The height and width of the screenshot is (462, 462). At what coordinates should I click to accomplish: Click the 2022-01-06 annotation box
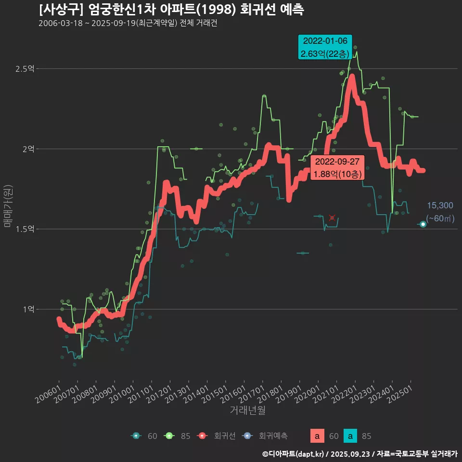(325, 47)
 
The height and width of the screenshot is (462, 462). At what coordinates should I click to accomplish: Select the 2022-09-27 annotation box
(337, 168)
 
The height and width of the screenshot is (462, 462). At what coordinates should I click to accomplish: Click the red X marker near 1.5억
(332, 218)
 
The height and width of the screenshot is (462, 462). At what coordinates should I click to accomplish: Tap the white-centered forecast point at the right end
(423, 224)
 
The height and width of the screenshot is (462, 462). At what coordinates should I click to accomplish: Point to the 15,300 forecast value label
(440, 206)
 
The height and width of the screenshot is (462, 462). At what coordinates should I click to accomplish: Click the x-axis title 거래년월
(247, 411)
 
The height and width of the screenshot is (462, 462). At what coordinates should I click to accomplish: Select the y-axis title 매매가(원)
(8, 205)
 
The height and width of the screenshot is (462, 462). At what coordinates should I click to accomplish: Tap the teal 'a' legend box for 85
(350, 436)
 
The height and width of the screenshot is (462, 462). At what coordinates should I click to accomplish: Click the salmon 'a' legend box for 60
(317, 436)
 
